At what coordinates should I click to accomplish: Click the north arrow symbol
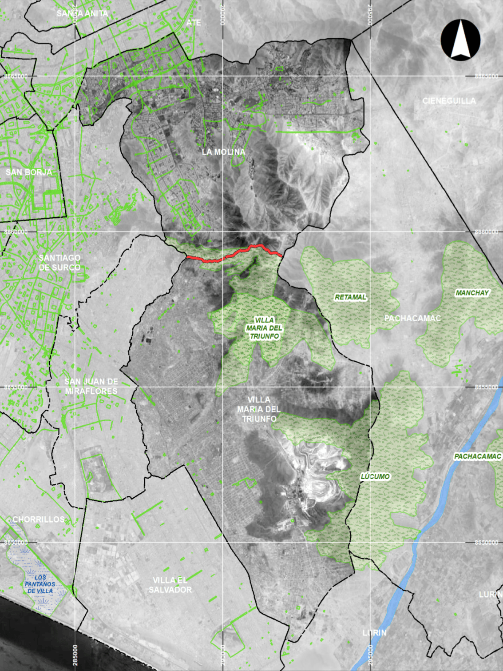point(460,40)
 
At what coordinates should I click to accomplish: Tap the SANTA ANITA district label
point(82,13)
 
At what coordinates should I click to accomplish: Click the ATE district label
point(194,22)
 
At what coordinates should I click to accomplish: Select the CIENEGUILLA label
point(449,101)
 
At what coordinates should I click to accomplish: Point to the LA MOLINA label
point(223,152)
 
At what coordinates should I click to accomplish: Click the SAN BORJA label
point(29,172)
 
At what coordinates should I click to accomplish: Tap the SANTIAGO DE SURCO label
point(59,263)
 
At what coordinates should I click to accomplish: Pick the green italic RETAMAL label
point(350,297)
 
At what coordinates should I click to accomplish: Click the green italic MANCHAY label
point(472,293)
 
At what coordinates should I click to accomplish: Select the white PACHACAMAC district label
point(412,318)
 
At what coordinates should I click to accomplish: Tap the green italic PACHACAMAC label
point(477,456)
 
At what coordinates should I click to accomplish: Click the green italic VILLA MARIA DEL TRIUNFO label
point(264,328)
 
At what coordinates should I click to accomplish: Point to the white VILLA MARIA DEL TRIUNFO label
point(259,409)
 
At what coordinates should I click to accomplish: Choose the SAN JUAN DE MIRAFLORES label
point(91,386)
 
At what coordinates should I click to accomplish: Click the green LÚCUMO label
point(375,476)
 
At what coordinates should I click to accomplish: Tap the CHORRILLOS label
point(39,519)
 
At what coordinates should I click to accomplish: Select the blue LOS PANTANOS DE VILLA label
point(40,584)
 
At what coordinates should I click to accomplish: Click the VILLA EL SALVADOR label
point(170,585)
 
